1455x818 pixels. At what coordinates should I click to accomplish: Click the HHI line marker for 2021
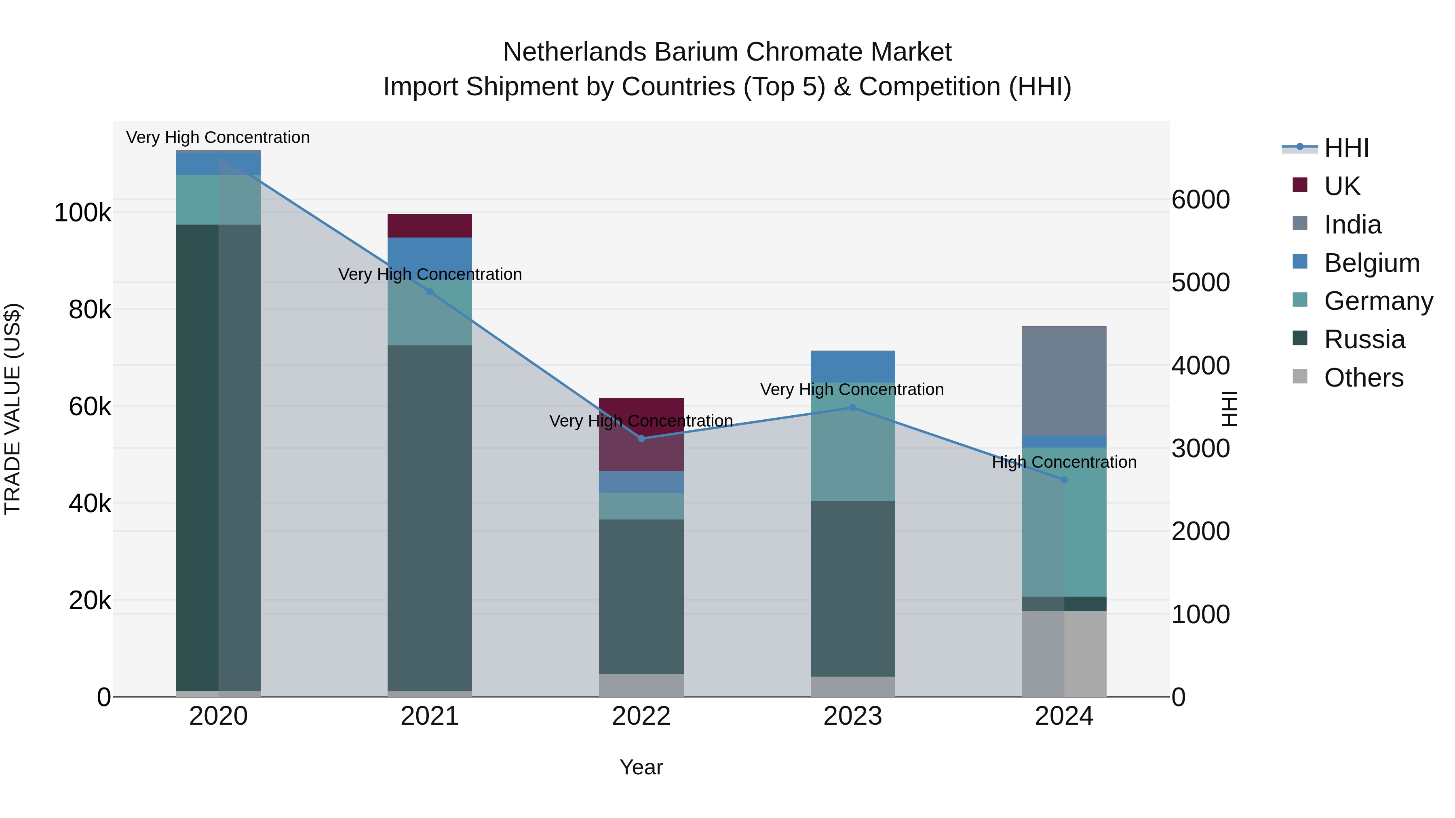click(x=430, y=292)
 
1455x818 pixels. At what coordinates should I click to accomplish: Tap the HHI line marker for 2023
click(x=853, y=408)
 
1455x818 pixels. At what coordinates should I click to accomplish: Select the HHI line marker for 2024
click(x=1064, y=480)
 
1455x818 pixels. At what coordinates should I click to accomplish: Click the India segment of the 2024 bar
click(x=1064, y=381)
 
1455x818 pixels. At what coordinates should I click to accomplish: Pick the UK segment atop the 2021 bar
click(x=430, y=226)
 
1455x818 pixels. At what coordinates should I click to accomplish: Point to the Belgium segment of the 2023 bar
click(x=853, y=367)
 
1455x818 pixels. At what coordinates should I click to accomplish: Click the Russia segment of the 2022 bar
click(x=641, y=597)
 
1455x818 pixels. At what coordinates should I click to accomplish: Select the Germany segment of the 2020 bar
click(x=219, y=200)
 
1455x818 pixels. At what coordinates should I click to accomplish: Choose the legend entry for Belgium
click(x=1371, y=263)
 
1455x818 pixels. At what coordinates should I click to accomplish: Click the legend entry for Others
click(x=1364, y=378)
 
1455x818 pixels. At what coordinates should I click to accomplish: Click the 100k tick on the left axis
click(x=83, y=213)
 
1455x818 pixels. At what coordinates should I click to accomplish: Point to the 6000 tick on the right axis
click(x=1201, y=200)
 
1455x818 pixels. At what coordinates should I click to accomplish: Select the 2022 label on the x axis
click(x=641, y=716)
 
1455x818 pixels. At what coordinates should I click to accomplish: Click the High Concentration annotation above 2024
click(x=1064, y=463)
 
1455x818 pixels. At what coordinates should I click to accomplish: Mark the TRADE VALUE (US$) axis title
click(x=13, y=409)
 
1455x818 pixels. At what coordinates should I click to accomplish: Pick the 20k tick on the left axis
click(x=91, y=601)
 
